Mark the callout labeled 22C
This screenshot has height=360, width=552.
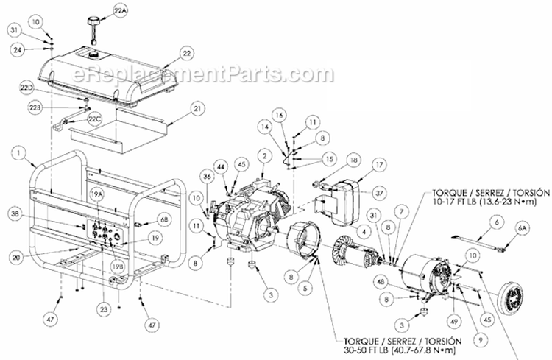point(93,118)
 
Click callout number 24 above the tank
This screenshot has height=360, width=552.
point(18,50)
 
